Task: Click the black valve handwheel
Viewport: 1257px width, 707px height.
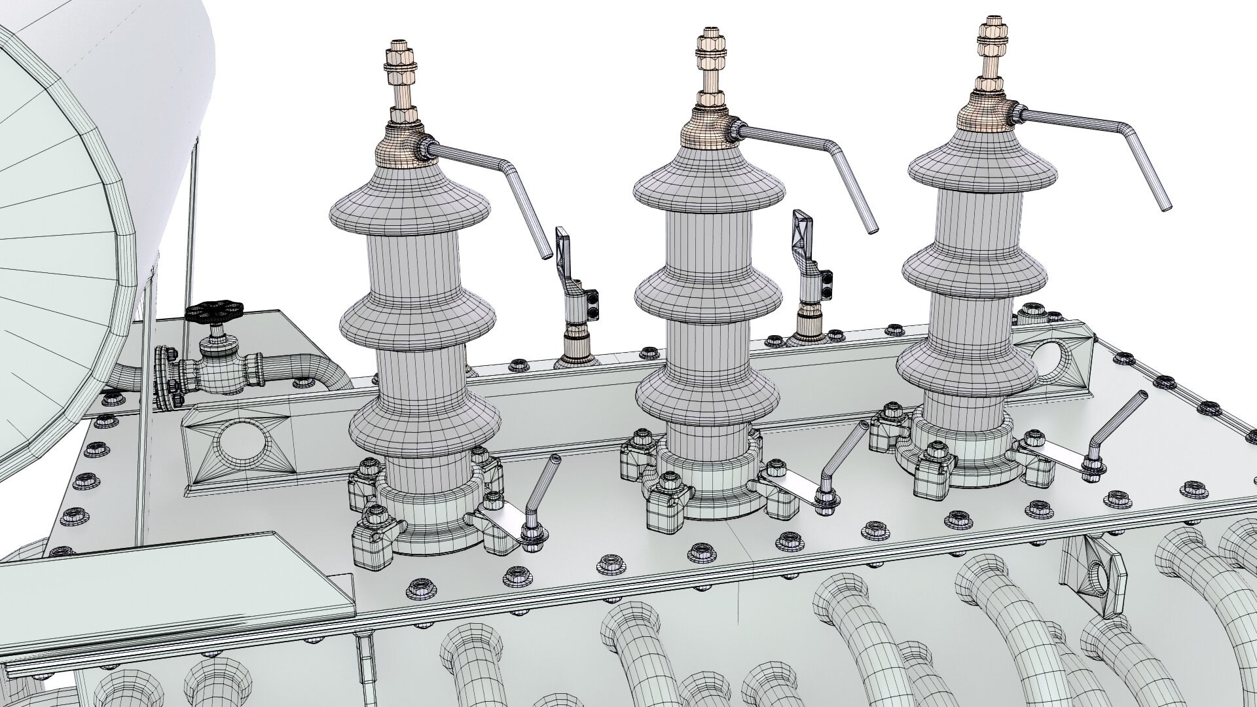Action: [x=214, y=312]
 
